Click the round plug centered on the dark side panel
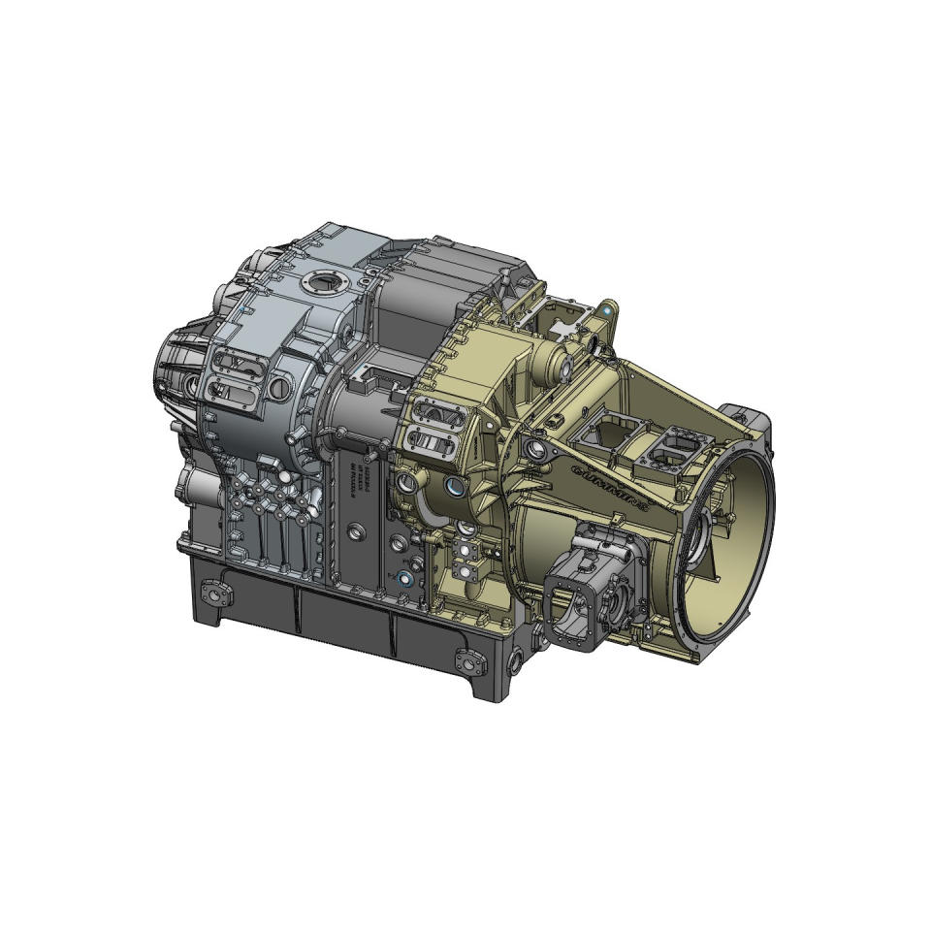coord(356,531)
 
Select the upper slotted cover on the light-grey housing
coord(237,366)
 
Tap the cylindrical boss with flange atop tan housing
coord(560,368)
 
